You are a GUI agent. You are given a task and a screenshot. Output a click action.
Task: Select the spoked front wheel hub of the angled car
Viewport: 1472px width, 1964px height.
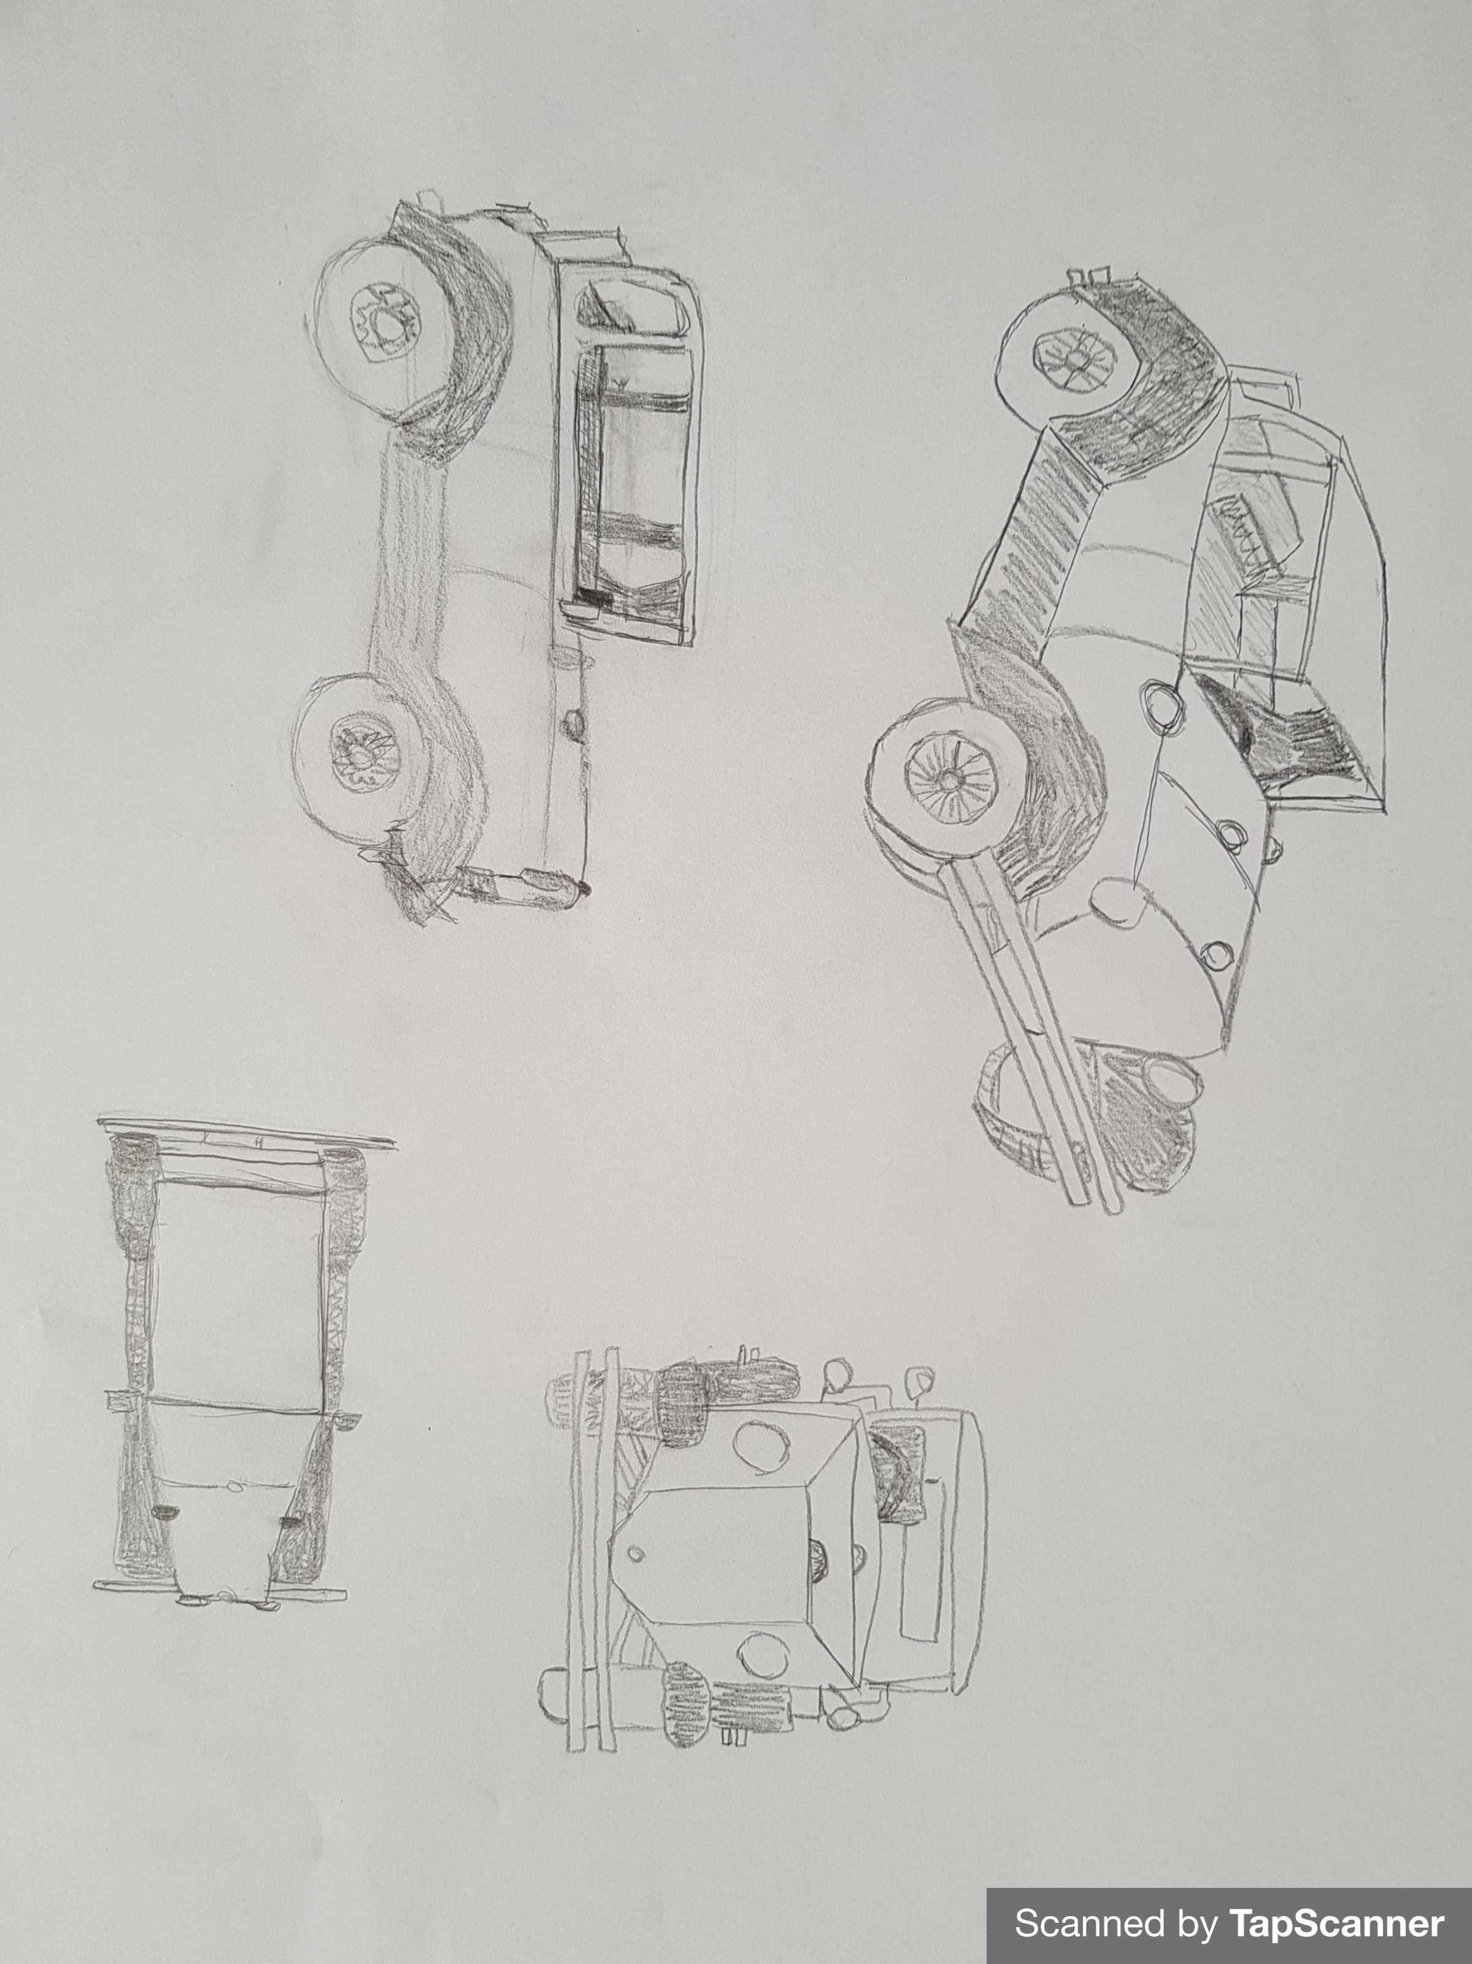pos(950,779)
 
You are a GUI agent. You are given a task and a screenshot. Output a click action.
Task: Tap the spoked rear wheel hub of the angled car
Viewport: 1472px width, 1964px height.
pos(1076,358)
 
